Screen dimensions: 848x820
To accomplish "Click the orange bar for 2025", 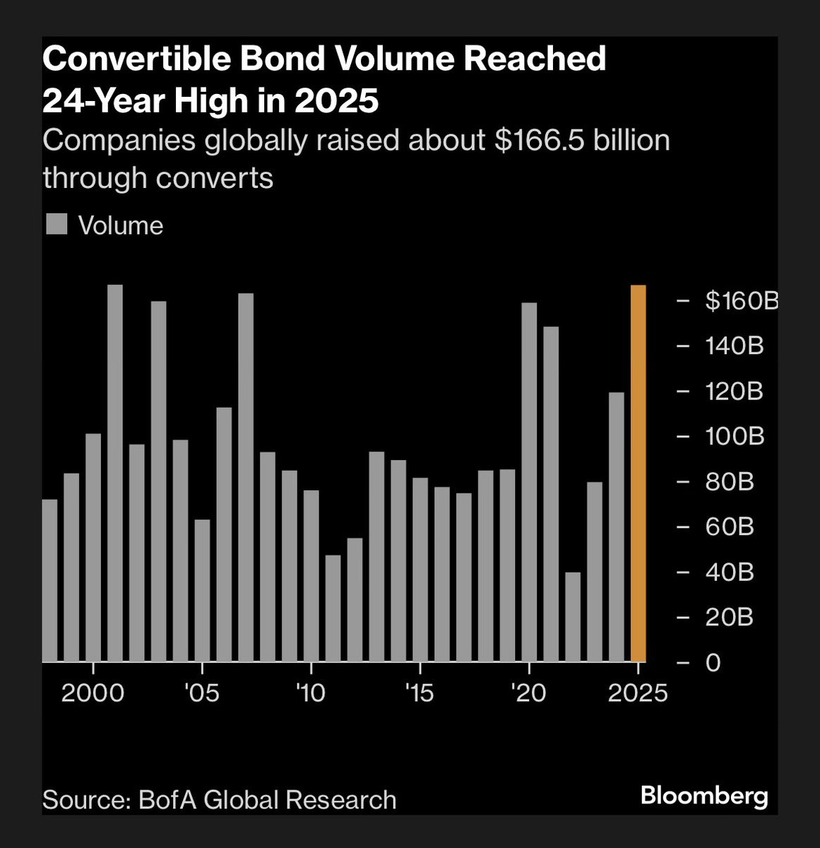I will pyautogui.click(x=638, y=473).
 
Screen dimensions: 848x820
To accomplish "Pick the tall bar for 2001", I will pyautogui.click(x=115, y=473).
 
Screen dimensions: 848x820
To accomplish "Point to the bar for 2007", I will pyautogui.click(x=246, y=478).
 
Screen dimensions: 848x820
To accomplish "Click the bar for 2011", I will pyautogui.click(x=333, y=608).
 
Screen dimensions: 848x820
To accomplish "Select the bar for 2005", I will pyautogui.click(x=202, y=591).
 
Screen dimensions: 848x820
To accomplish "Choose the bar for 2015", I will pyautogui.click(x=420, y=570).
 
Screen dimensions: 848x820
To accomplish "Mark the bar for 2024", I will pyautogui.click(x=617, y=527).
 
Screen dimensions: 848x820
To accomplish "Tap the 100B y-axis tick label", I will pyautogui.click(x=735, y=437).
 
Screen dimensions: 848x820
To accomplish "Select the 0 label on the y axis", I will pyautogui.click(x=713, y=663).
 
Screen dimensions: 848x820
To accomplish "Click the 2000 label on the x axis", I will pyautogui.click(x=93, y=693).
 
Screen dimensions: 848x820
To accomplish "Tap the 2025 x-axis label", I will pyautogui.click(x=637, y=693).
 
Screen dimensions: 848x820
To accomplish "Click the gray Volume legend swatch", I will pyautogui.click(x=57, y=224).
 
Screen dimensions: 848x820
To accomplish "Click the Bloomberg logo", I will pyautogui.click(x=703, y=796).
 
